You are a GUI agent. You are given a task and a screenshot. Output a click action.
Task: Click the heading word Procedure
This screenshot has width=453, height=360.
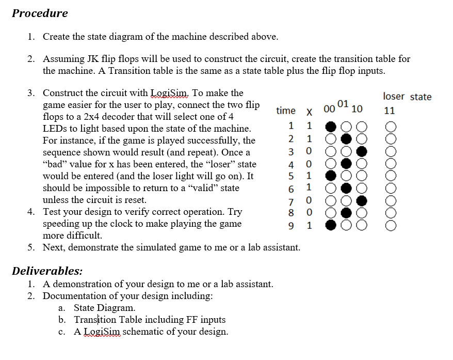coord(40,13)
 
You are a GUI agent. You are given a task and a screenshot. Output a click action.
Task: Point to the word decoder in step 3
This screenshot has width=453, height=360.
coord(161,116)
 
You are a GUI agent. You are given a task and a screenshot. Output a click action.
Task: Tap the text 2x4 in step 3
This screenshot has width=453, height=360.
coord(132,116)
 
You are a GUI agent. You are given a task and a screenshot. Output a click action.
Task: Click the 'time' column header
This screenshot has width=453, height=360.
coord(286,111)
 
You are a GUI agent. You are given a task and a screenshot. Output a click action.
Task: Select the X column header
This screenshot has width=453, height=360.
coord(309,111)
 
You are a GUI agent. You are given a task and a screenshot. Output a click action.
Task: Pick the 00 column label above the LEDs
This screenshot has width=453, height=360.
coord(330,109)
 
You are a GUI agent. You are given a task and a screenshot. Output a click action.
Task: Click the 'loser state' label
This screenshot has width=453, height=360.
coord(407,97)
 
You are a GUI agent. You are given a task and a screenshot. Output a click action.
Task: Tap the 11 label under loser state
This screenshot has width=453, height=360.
coord(390,111)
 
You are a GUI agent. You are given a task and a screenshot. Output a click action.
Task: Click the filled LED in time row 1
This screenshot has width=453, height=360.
coord(332,126)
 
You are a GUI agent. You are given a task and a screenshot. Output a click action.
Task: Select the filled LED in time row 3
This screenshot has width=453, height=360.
coord(361,152)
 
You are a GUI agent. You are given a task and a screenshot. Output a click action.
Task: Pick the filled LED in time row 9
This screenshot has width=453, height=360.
coord(332,225)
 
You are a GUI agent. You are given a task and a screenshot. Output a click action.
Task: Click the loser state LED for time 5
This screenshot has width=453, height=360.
coord(390,176)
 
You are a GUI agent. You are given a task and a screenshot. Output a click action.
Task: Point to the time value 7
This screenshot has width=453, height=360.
coord(292,200)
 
